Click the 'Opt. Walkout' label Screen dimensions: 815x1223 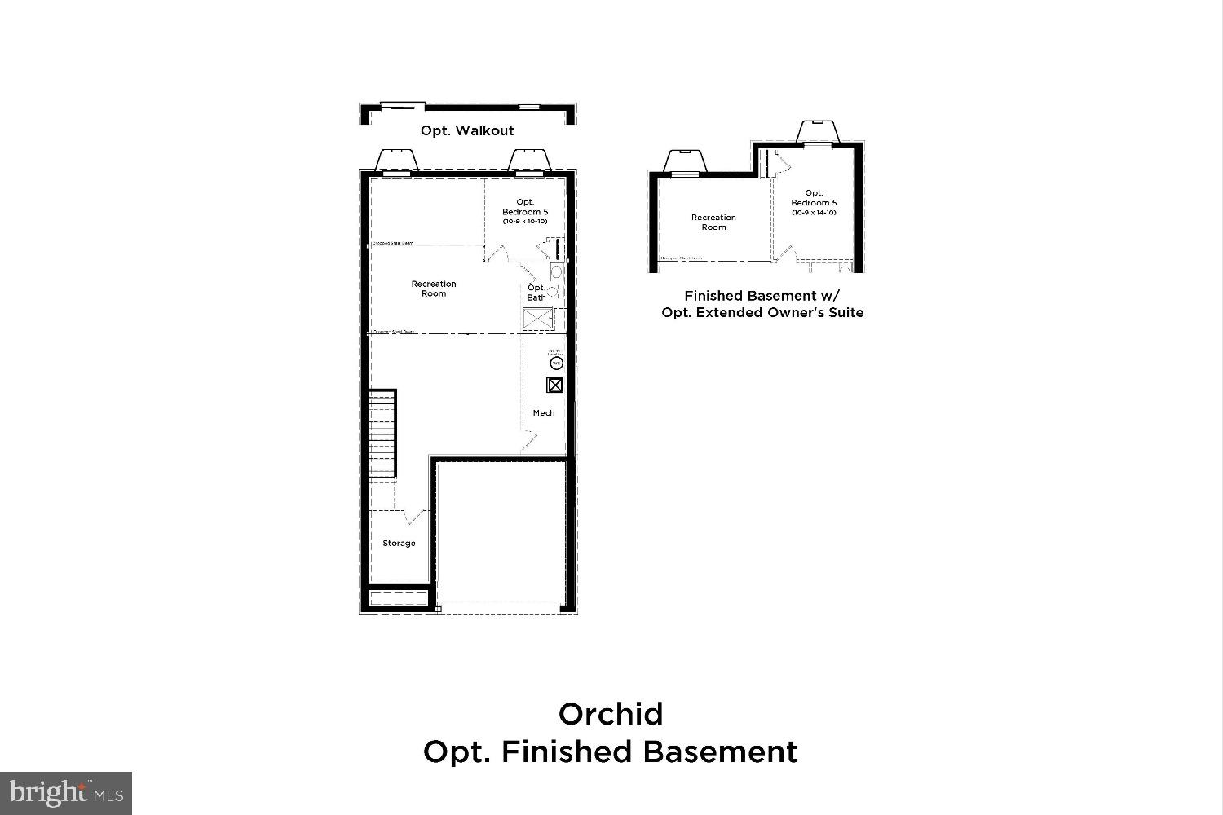467,130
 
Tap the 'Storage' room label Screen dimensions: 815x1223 399,544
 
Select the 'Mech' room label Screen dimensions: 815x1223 544,413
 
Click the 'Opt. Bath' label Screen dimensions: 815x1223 536,293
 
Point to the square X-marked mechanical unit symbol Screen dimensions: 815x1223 554,385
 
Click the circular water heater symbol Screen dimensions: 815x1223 558,363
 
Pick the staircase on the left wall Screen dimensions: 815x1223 382,436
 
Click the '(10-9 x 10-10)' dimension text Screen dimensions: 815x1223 524,222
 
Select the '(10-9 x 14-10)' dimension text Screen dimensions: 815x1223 814,213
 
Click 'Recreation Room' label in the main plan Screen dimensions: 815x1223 434,289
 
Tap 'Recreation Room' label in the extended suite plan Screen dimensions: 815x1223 713,222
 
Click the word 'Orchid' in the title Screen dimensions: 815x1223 611,714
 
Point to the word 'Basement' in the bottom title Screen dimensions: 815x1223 720,751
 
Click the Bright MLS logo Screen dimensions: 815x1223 65,792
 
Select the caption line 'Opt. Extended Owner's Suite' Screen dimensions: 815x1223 762,312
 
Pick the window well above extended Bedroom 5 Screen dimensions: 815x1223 816,132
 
